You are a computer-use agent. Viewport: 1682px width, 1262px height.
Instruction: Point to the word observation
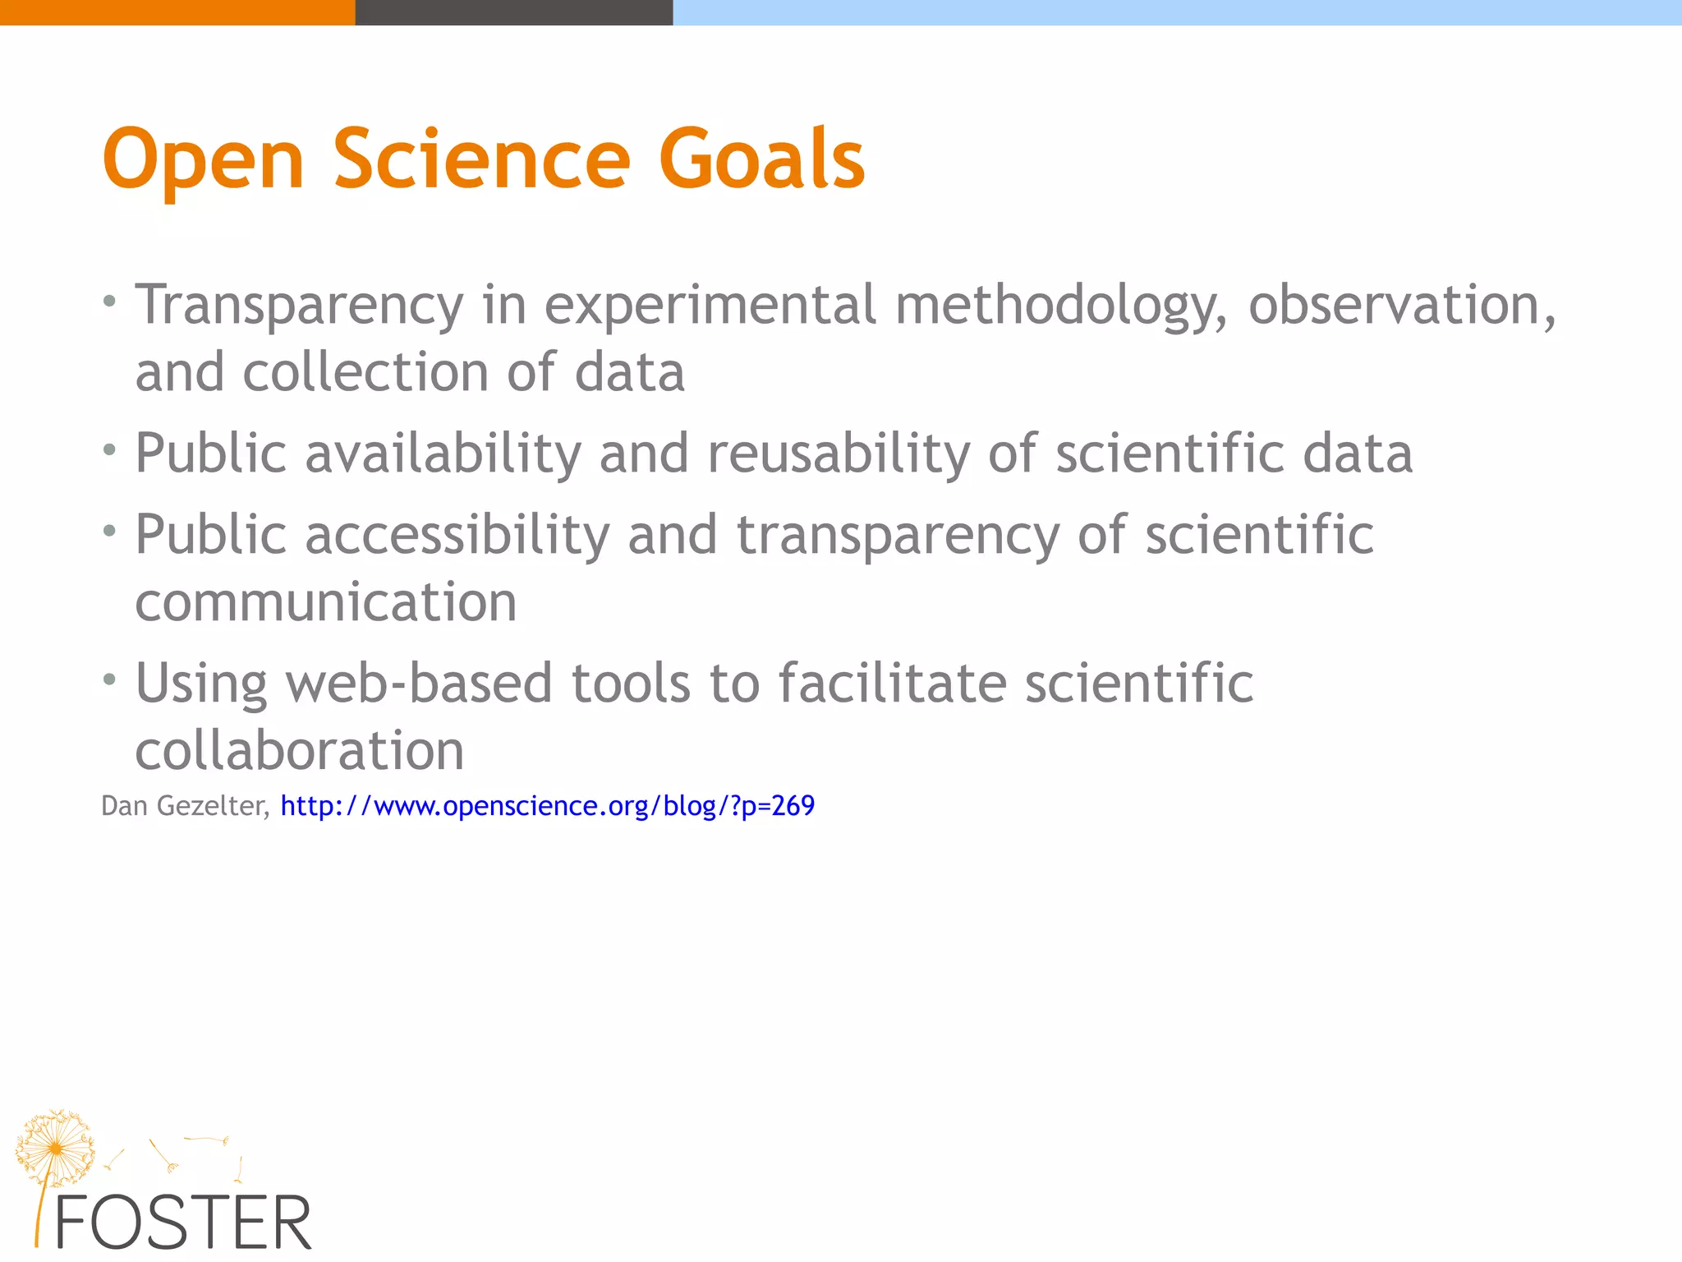point(1401,305)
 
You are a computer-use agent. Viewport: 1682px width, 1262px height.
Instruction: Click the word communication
point(326,602)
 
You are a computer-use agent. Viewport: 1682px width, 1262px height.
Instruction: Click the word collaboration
point(300,750)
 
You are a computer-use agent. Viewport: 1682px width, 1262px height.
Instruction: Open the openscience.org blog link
point(548,806)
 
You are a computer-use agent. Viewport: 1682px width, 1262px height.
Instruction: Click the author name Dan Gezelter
point(184,806)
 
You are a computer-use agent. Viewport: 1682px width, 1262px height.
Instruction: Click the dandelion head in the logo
point(55,1147)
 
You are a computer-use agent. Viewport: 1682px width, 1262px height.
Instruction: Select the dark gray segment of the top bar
point(514,12)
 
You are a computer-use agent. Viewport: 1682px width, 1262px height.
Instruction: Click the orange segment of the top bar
point(177,12)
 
